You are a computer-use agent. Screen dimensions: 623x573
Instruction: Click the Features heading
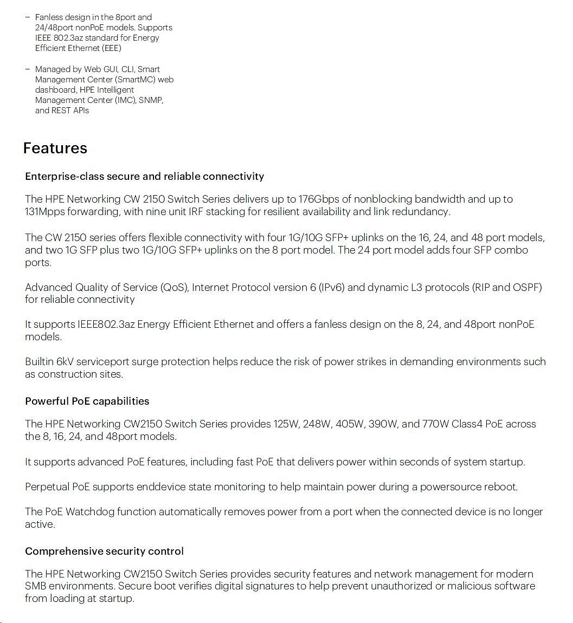pos(55,148)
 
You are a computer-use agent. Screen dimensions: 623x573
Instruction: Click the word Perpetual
pos(47,487)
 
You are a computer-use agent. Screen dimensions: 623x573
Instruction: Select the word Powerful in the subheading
pos(47,401)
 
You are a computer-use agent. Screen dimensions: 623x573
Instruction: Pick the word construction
pos(63,374)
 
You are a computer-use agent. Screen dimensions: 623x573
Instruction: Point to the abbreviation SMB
pos(35,586)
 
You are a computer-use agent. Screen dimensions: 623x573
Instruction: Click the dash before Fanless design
pos(27,17)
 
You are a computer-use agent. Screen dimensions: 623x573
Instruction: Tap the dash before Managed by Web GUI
pos(27,69)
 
